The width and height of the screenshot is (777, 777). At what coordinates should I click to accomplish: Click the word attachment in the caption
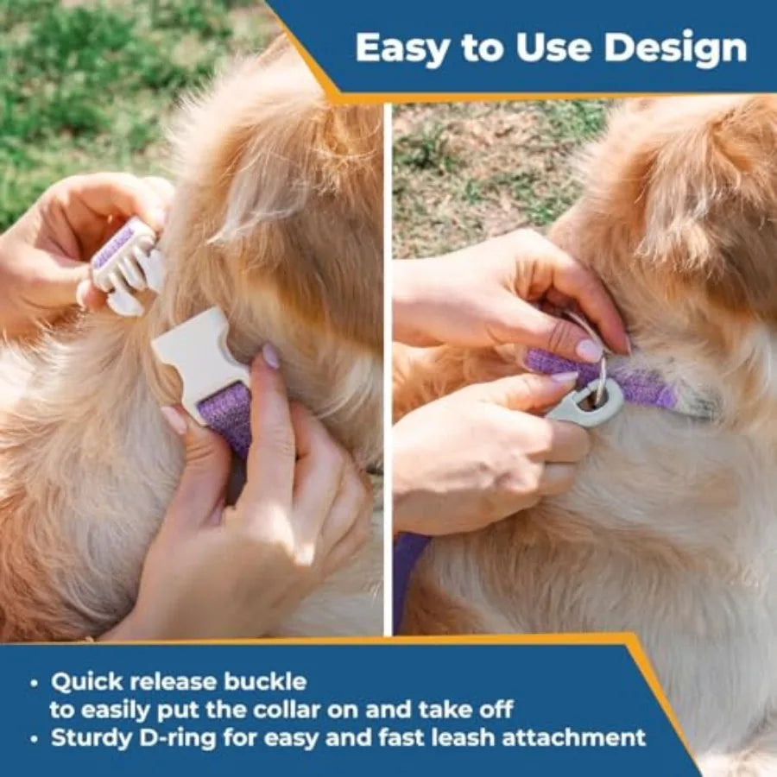click(x=574, y=737)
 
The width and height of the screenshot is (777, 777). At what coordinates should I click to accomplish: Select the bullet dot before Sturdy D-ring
click(x=34, y=739)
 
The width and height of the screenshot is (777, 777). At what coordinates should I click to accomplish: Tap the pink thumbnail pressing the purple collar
click(x=590, y=350)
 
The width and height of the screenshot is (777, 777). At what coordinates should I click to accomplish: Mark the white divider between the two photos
click(x=388, y=369)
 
